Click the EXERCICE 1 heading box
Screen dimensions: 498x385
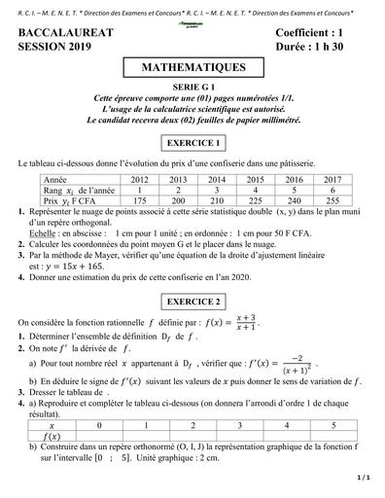coord(192,143)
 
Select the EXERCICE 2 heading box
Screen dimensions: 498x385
coord(192,300)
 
